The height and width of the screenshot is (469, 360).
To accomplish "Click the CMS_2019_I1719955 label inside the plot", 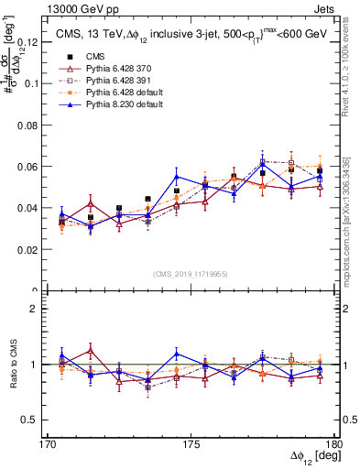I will (191, 273).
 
